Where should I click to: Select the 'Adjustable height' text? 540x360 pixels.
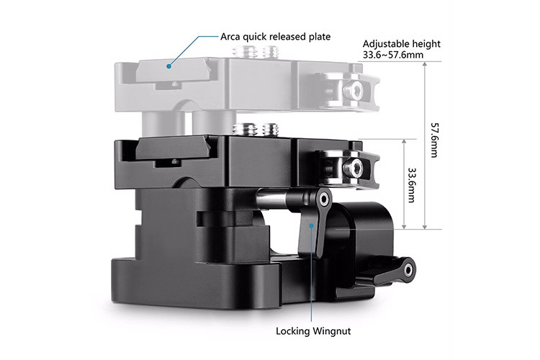pos(402,43)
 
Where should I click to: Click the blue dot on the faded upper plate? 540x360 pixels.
pos(167,66)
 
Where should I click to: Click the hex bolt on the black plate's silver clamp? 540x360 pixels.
pos(353,168)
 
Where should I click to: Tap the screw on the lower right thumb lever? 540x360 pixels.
pos(409,270)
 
